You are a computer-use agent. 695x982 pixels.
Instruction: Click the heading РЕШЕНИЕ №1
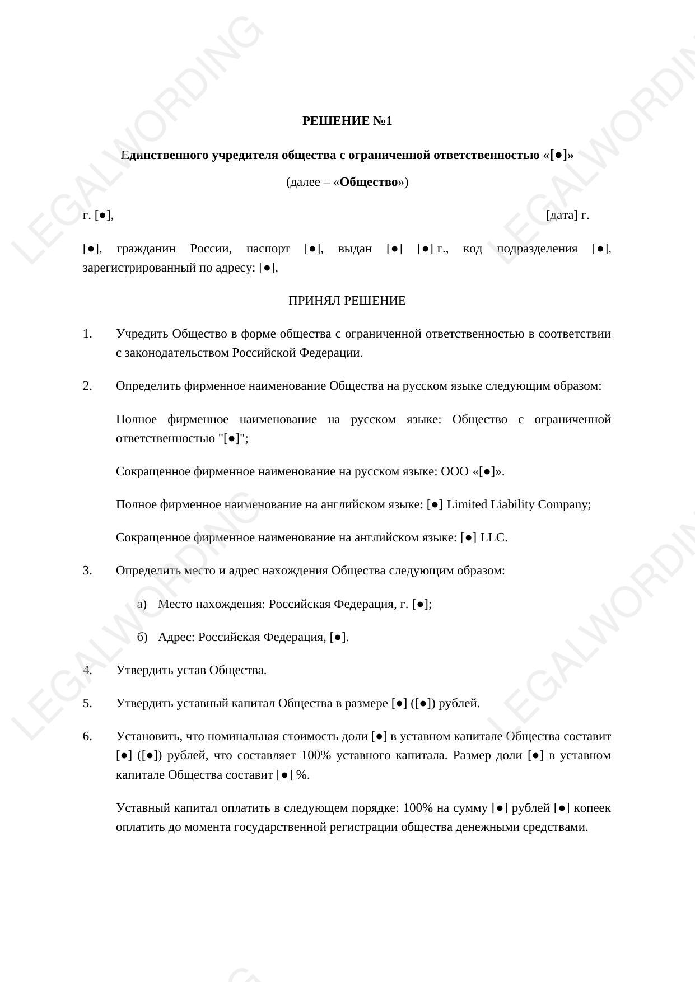coord(347,121)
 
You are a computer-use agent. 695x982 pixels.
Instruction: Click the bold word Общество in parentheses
coord(369,182)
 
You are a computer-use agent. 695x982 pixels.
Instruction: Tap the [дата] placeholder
coord(561,215)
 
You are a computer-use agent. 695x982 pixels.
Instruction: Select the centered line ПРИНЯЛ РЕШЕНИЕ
coord(347,301)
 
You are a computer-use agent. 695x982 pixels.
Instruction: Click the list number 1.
coord(87,334)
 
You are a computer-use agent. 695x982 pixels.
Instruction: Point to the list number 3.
coord(87,571)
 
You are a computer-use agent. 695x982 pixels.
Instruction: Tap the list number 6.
coord(87,736)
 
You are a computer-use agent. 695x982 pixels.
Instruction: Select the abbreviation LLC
coord(493,537)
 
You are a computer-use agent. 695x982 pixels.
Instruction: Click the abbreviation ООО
coord(454,471)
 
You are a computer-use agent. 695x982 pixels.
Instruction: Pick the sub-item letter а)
coord(142,604)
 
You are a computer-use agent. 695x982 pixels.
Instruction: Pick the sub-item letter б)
coord(142,637)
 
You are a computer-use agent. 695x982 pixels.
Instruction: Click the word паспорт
coord(268,249)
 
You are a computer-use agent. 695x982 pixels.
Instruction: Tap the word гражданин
coord(146,249)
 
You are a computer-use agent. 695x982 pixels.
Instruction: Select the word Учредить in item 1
coord(142,334)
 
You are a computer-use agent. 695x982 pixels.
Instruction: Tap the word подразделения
coord(537,249)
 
